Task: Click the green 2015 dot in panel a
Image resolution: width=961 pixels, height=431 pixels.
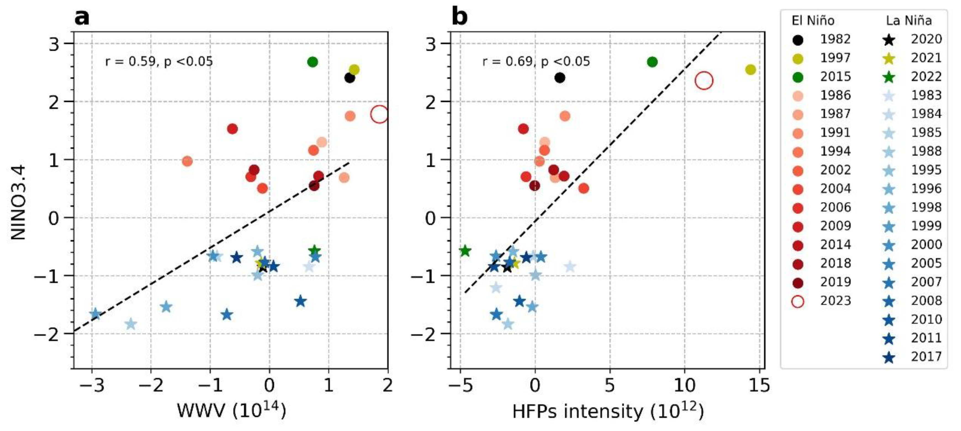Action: pyautogui.click(x=313, y=62)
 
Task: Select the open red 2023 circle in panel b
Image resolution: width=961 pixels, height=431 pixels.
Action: pyautogui.click(x=704, y=81)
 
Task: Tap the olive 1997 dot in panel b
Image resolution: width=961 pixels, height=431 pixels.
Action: pyautogui.click(x=751, y=70)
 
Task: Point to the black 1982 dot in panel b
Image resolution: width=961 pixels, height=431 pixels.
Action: pyautogui.click(x=560, y=78)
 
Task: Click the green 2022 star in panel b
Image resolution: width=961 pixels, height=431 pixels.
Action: pyautogui.click(x=465, y=251)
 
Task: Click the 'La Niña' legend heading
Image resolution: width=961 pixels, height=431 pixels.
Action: pyautogui.click(x=909, y=20)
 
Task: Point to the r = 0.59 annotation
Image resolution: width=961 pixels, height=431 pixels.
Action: pyautogui.click(x=159, y=61)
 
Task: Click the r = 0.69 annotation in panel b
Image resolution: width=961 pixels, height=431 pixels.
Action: pyautogui.click(x=536, y=61)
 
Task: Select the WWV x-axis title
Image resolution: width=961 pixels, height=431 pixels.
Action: pyautogui.click(x=231, y=411)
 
